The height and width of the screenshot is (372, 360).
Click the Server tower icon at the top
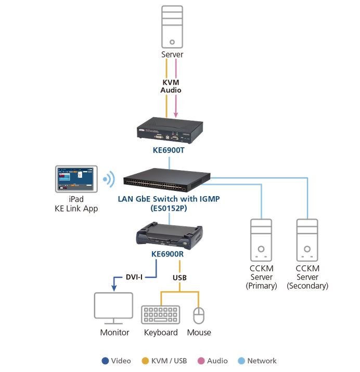(x=172, y=27)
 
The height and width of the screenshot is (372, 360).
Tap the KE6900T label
(x=169, y=150)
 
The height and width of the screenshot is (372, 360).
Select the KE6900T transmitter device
(x=170, y=130)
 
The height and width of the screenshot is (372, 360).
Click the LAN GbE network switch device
(x=166, y=180)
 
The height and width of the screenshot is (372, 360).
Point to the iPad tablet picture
(x=76, y=179)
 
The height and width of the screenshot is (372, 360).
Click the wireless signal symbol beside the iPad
(x=109, y=179)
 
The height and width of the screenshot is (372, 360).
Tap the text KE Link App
(x=76, y=209)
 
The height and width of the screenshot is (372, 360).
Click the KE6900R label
(x=168, y=254)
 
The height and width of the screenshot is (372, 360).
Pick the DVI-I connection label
(x=134, y=277)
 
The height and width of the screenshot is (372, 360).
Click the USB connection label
(x=179, y=278)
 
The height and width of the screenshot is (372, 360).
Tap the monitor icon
(x=113, y=308)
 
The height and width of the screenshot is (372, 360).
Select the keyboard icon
(x=161, y=315)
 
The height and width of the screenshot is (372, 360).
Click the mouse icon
(x=199, y=315)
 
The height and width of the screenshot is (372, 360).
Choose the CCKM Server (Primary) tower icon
(x=261, y=240)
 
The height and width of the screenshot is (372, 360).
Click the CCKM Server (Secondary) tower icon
(x=307, y=240)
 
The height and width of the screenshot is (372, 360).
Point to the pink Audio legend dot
(x=201, y=361)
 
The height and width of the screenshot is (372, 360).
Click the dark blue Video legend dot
(x=105, y=361)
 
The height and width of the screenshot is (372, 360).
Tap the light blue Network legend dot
(x=241, y=361)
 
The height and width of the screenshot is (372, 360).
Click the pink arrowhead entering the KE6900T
(x=176, y=115)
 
